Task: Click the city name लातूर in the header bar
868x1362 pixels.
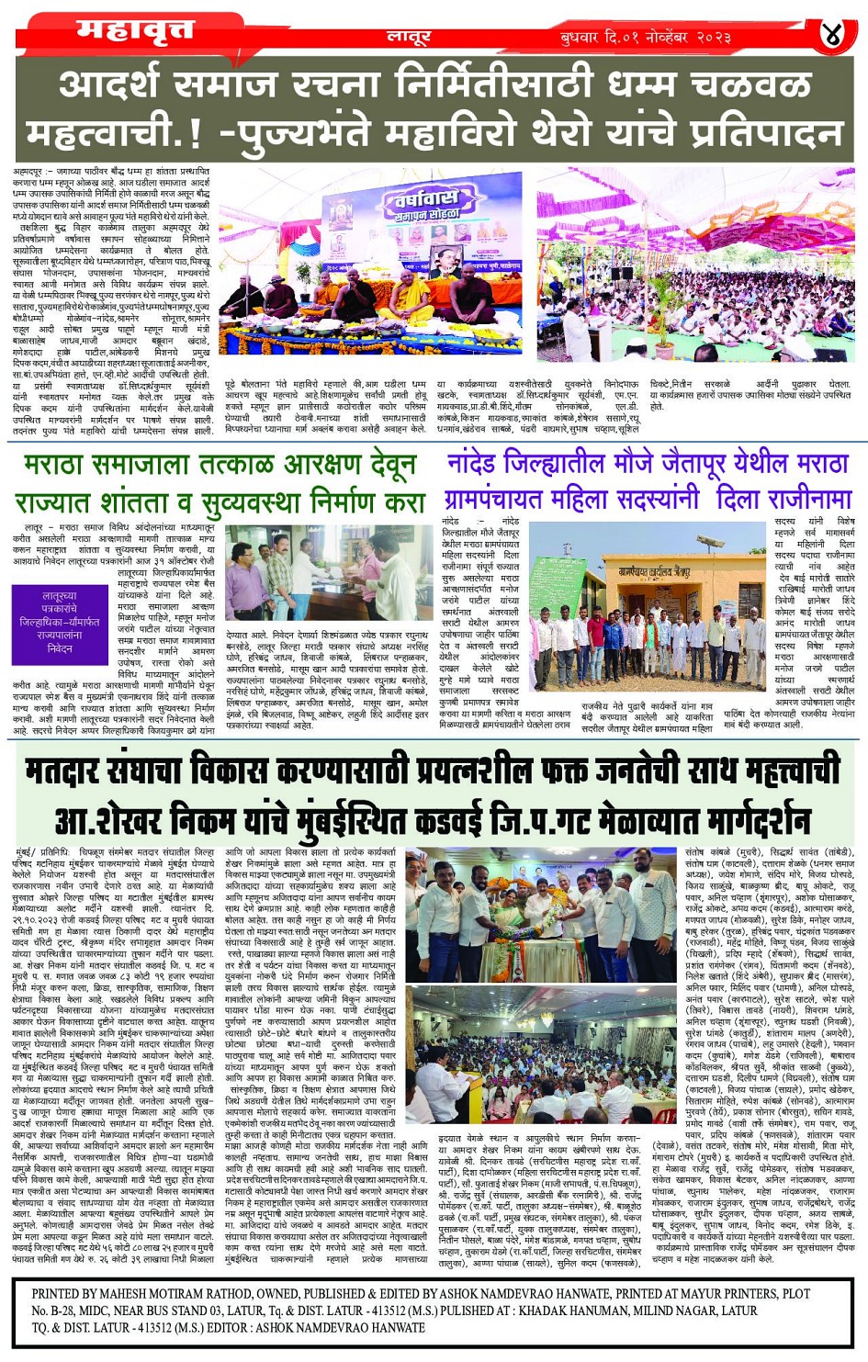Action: (409, 38)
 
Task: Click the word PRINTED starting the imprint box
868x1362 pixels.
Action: (67, 1293)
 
